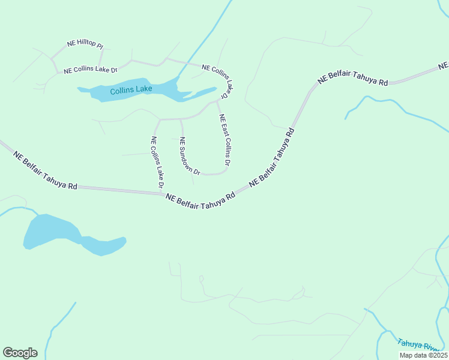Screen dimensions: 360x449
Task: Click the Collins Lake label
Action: point(131,90)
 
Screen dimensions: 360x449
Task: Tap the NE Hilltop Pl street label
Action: point(85,44)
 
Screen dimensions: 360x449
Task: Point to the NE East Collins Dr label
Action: point(224,140)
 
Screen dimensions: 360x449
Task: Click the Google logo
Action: point(20,353)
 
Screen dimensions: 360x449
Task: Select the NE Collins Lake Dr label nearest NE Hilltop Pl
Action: point(90,70)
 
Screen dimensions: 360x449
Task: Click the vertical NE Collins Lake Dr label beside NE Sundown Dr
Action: point(157,162)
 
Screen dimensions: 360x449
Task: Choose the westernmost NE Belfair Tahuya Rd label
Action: point(46,170)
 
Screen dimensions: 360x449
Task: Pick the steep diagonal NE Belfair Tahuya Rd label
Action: point(272,157)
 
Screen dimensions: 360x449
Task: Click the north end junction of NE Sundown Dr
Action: point(181,119)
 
